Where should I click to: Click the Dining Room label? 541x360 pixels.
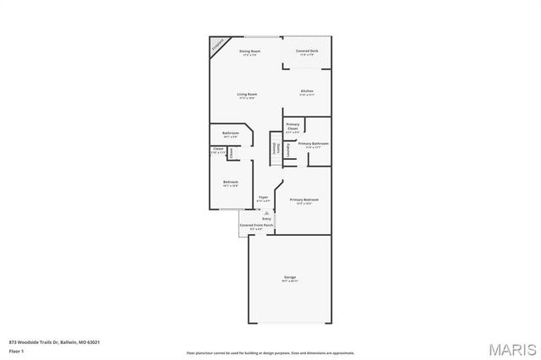click(249, 52)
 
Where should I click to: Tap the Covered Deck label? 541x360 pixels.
click(307, 52)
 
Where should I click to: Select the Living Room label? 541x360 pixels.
click(247, 95)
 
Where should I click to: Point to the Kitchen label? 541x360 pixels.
click(307, 92)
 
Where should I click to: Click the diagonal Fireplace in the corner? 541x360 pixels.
click(218, 44)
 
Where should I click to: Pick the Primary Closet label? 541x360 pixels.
click(292, 128)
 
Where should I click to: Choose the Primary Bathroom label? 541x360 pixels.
click(313, 145)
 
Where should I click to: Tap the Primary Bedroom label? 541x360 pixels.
click(303, 201)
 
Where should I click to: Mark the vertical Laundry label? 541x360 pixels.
click(287, 149)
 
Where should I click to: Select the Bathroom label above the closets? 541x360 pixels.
click(231, 134)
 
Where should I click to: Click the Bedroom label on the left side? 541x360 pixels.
click(231, 183)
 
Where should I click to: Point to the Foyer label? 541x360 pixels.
click(263, 198)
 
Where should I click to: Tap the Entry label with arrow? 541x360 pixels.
click(266, 218)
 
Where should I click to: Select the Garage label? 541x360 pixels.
click(289, 278)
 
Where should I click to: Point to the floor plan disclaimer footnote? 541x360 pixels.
click(271, 352)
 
